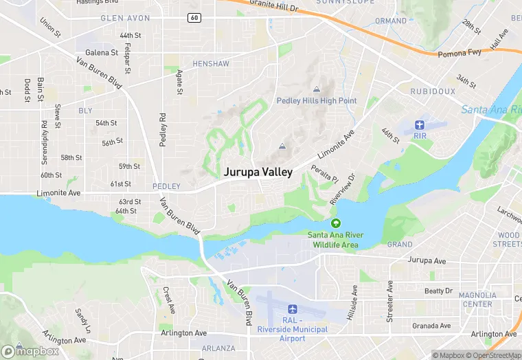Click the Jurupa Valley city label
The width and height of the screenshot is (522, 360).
(x=258, y=172)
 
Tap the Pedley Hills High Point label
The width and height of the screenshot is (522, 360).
(x=317, y=101)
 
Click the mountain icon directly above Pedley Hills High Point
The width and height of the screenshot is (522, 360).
(x=317, y=89)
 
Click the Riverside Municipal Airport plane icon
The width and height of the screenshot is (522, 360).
(x=292, y=309)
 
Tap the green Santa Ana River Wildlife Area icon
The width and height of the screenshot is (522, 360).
(x=335, y=223)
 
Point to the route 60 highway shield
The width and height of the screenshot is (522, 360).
(x=195, y=17)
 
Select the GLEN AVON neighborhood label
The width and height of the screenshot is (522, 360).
(x=126, y=18)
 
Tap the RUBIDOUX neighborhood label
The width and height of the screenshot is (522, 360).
(x=433, y=91)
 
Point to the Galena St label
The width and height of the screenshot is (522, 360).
(x=102, y=52)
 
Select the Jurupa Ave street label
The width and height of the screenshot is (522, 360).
(x=427, y=261)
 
